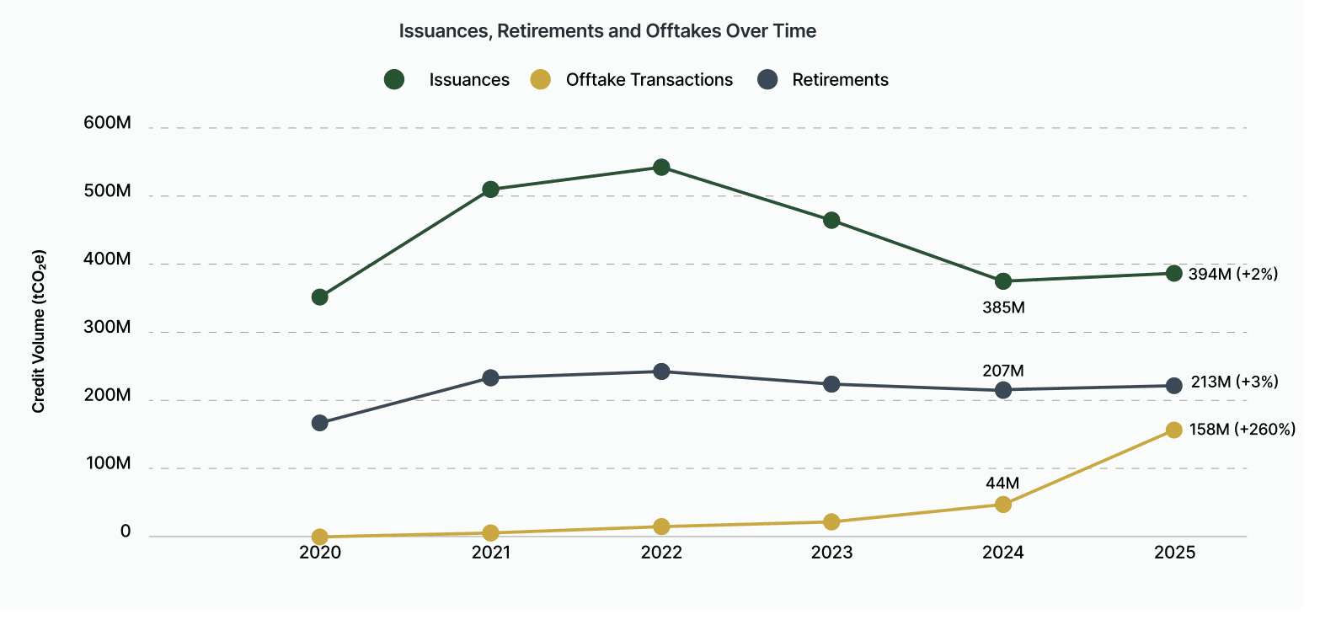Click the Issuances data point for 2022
point(661,168)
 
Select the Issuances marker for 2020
point(320,297)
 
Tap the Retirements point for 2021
point(490,378)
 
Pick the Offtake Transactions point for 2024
point(1002,505)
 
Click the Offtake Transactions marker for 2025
point(1173,430)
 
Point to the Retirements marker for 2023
point(831,384)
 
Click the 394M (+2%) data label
point(1232,274)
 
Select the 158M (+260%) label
point(1242,430)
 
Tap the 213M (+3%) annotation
point(1234,382)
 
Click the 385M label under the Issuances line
point(1003,307)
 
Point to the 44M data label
point(1002,484)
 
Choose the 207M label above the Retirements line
point(1002,371)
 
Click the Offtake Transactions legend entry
point(649,80)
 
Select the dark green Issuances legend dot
point(394,80)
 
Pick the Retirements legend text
point(840,80)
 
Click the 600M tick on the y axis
point(107,123)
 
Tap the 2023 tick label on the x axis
point(831,553)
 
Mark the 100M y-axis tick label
point(108,463)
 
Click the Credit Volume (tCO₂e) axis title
point(39,331)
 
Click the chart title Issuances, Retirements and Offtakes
point(607,31)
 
